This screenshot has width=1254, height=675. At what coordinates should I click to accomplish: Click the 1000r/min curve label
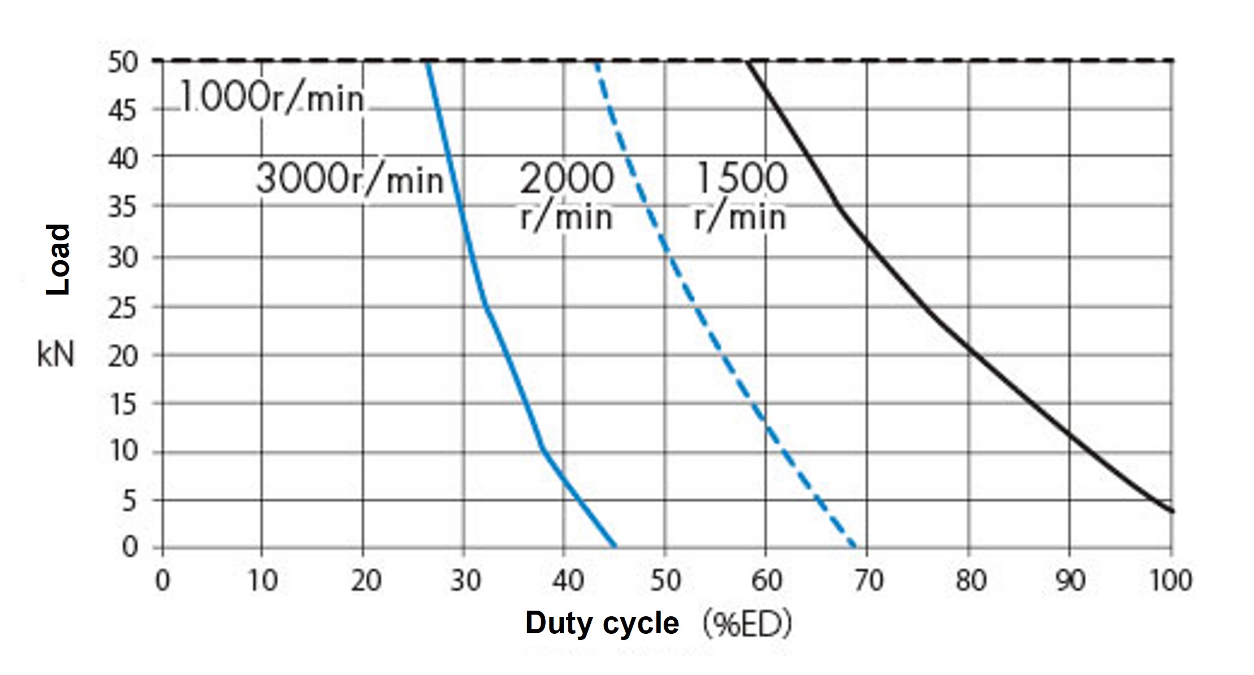tap(272, 99)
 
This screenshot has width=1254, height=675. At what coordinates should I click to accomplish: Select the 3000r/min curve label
tap(349, 179)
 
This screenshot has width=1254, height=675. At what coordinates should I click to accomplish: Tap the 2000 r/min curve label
tap(566, 196)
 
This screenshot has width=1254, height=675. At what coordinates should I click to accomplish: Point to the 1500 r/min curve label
tap(740, 196)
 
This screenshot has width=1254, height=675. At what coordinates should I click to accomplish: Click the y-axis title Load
tap(58, 259)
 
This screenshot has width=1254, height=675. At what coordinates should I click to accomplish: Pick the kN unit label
tap(55, 356)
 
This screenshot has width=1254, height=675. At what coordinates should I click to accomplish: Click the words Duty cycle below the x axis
tap(602, 624)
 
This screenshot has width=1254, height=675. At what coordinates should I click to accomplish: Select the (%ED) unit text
tap(747, 624)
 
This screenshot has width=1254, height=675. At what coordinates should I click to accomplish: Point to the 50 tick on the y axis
tap(122, 62)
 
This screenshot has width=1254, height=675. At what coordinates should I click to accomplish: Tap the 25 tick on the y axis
tap(122, 308)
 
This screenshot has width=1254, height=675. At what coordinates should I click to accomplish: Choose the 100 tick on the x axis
tap(1170, 581)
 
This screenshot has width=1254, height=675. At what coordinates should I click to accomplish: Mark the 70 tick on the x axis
tap(867, 581)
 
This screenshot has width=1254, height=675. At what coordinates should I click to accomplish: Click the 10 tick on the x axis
tap(262, 581)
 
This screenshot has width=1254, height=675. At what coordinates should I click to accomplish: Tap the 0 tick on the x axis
tap(163, 581)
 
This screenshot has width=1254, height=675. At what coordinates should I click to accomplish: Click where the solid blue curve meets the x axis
tap(615, 547)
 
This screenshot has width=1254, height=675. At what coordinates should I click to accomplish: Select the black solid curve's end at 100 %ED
tap(1172, 511)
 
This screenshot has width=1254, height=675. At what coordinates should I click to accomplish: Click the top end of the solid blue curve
tap(427, 63)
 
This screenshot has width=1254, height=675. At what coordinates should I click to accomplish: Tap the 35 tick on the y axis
tap(122, 208)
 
